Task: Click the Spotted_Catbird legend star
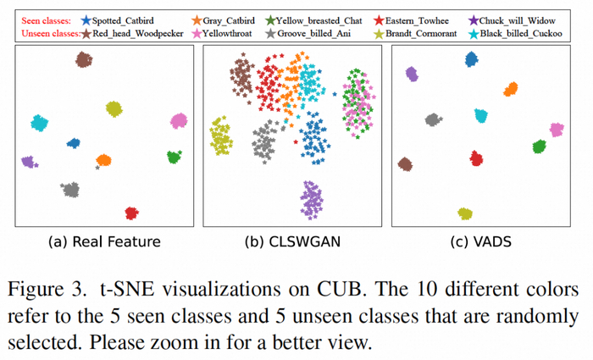(x=86, y=20)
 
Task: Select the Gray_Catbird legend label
(x=229, y=20)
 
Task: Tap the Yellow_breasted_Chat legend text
(x=319, y=20)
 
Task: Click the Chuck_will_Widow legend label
(x=517, y=20)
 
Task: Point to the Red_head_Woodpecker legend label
(x=137, y=33)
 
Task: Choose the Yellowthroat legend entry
(x=227, y=33)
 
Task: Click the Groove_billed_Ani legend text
(x=314, y=33)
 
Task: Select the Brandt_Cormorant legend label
(x=421, y=33)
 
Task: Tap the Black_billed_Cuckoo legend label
(x=521, y=33)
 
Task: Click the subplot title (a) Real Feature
(x=104, y=241)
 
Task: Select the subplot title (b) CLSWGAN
(x=292, y=241)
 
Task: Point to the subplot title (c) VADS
(x=480, y=241)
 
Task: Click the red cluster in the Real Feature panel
(x=131, y=213)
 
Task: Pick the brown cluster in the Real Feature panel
(x=84, y=59)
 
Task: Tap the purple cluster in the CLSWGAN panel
(x=312, y=200)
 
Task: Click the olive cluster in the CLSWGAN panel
(x=221, y=136)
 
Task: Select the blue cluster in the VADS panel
(x=471, y=59)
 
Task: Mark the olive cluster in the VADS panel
(x=465, y=213)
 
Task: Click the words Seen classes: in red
(x=46, y=20)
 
